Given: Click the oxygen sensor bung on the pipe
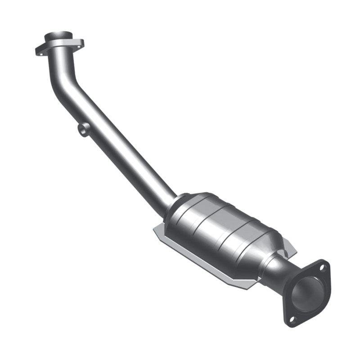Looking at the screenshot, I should click(x=82, y=130).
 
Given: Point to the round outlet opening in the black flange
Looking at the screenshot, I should click(x=308, y=293).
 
